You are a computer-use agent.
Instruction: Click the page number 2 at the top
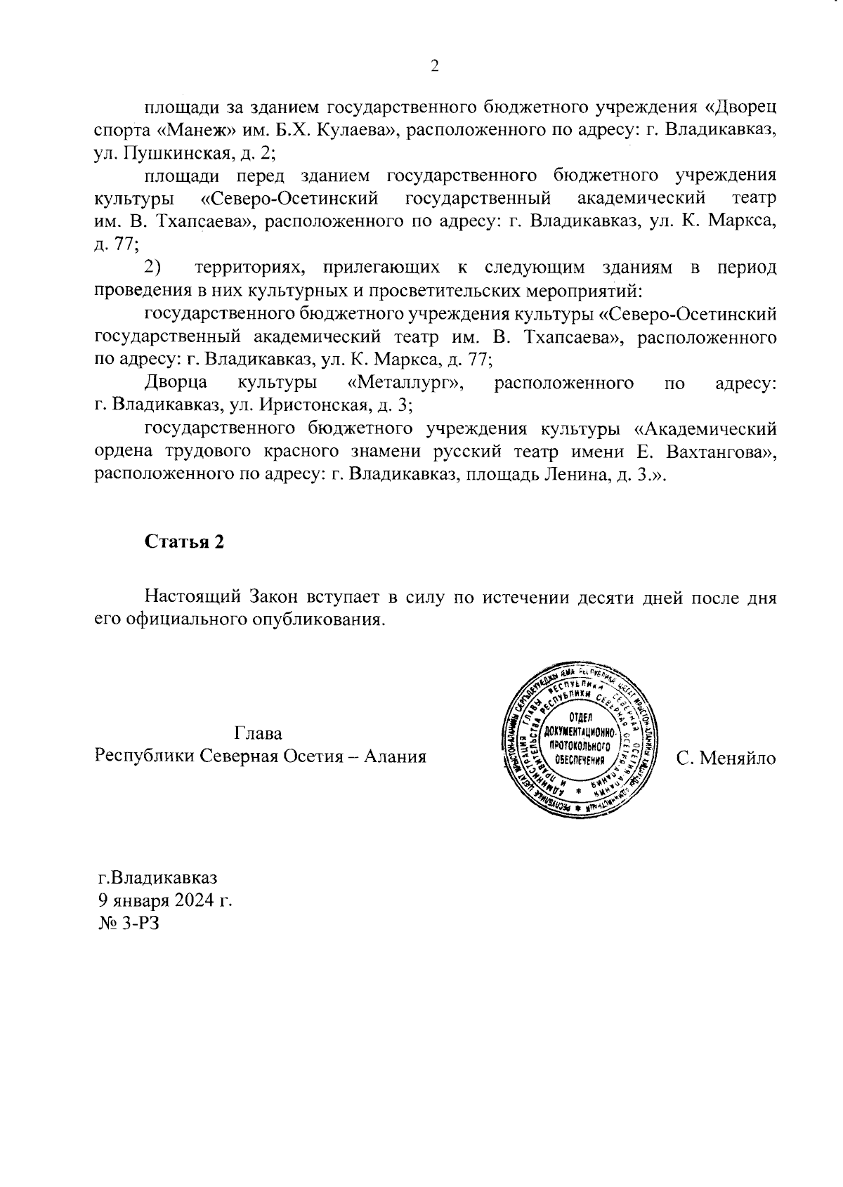pyautogui.click(x=434, y=67)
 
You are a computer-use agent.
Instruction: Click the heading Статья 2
pyautogui.click(x=184, y=542)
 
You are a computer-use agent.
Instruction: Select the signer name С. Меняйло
pyautogui.click(x=726, y=758)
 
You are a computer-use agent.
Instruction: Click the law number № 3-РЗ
pyautogui.click(x=129, y=922)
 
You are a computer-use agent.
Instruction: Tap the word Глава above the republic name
pyautogui.click(x=259, y=734)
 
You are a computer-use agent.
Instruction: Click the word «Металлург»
pyautogui.click(x=408, y=383)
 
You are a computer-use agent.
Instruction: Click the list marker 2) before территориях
pyautogui.click(x=153, y=268)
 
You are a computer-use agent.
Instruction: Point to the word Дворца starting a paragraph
pyautogui.click(x=176, y=383)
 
